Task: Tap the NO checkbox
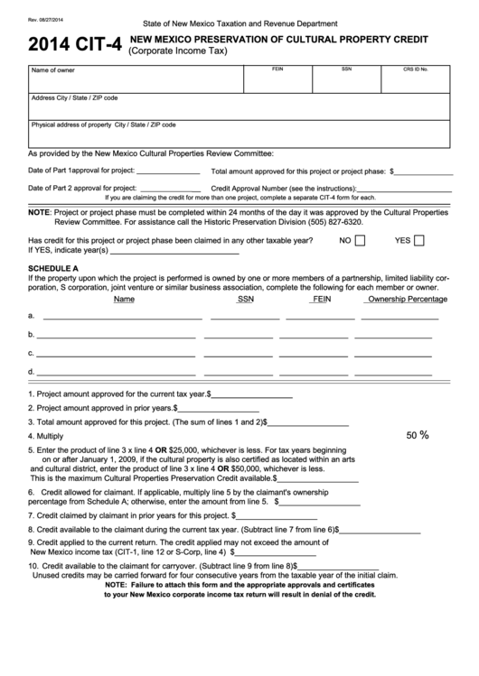point(360,241)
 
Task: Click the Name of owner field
point(135,79)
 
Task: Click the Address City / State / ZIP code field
point(239,106)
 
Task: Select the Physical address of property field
point(239,134)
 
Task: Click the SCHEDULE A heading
point(53,269)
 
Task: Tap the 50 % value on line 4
point(417,435)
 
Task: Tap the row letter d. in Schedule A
point(33,371)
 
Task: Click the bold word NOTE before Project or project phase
point(39,211)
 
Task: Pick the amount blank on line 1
point(252,394)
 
